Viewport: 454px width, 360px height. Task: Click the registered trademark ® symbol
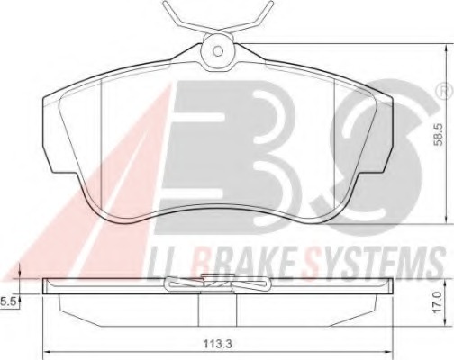coord(443,90)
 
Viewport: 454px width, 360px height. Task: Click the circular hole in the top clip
coord(216,49)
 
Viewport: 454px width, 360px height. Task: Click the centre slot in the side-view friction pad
coord(197,309)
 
